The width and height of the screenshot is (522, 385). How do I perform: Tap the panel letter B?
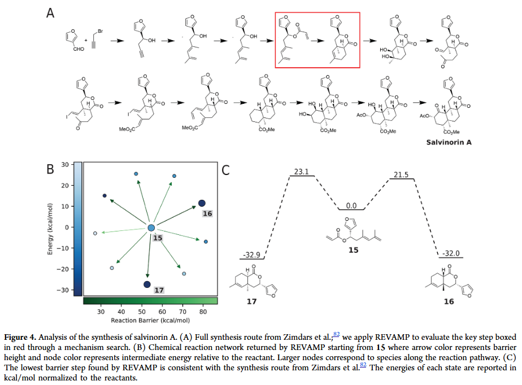(x=50, y=168)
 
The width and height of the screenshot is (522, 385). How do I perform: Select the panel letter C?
(x=226, y=169)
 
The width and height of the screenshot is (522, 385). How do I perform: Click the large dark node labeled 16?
(x=202, y=203)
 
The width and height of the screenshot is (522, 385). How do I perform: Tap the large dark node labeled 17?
(x=147, y=285)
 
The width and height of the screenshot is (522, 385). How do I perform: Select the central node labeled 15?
(x=151, y=228)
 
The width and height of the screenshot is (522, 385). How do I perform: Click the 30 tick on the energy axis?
(x=65, y=164)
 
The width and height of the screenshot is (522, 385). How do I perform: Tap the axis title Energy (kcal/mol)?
(x=50, y=228)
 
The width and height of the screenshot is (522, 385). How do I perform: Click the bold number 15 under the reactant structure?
(x=353, y=249)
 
